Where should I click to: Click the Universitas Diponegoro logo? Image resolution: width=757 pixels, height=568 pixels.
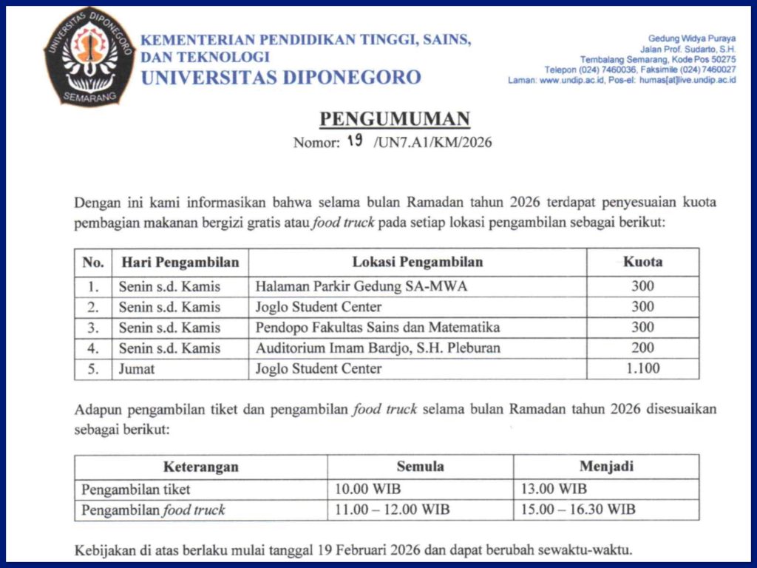click(89, 55)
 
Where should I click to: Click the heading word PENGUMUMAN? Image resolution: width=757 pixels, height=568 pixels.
click(395, 120)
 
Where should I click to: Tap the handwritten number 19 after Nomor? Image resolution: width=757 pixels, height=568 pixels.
click(355, 141)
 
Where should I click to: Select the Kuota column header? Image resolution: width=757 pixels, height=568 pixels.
click(642, 262)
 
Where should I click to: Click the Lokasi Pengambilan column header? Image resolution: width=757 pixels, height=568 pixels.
click(417, 262)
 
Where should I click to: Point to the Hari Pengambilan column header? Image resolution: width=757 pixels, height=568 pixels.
click(180, 262)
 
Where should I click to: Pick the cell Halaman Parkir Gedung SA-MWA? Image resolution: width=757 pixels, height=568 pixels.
click(361, 287)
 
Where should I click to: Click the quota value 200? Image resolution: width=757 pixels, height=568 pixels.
click(642, 348)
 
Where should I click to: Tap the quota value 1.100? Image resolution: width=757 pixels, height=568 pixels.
click(642, 368)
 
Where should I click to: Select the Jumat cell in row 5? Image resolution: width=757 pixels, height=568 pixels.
click(137, 368)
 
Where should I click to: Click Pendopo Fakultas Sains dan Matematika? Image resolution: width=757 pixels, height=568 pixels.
click(378, 327)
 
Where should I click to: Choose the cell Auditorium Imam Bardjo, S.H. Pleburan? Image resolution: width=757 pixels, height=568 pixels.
click(378, 348)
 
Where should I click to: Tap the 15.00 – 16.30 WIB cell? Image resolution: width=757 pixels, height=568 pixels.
click(577, 510)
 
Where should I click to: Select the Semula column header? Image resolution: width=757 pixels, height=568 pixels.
click(420, 467)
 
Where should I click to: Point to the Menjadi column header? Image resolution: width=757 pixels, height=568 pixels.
click(606, 467)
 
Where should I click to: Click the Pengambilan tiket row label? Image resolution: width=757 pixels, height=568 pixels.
click(136, 489)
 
